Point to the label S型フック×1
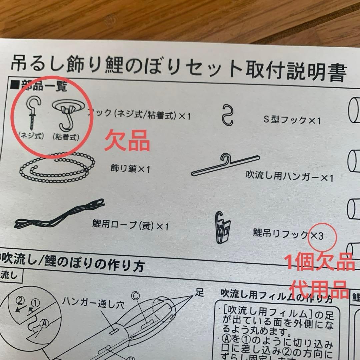click(x=292, y=120)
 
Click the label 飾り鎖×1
click(x=130, y=169)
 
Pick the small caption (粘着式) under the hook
click(x=66, y=137)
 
